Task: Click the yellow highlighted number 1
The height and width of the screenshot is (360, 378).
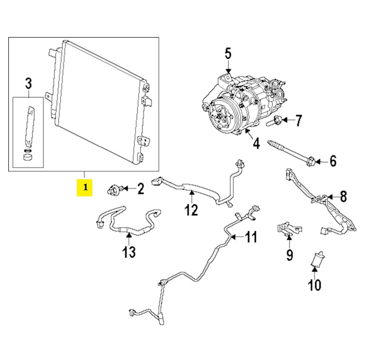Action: pos(85,188)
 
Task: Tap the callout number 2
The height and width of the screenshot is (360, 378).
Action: pos(140,190)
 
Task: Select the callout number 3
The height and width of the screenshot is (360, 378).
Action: pos(28,84)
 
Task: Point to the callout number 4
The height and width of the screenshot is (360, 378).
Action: pos(256,144)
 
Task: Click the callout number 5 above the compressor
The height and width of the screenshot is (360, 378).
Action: pos(228,54)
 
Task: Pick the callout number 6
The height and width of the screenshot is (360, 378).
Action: pos(333,161)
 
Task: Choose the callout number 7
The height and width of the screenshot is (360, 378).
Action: pos(299,120)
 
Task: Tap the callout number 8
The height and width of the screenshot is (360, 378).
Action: pos(343,196)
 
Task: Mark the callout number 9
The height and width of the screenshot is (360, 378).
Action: pos(289,255)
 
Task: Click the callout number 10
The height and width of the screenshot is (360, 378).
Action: pos(314,285)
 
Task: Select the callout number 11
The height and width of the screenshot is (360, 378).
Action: pos(251,238)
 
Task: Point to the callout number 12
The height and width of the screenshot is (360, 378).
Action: pos(191,210)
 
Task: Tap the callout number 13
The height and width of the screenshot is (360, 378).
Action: pos(128,252)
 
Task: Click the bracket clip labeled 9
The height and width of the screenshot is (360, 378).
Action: pos(287,228)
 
